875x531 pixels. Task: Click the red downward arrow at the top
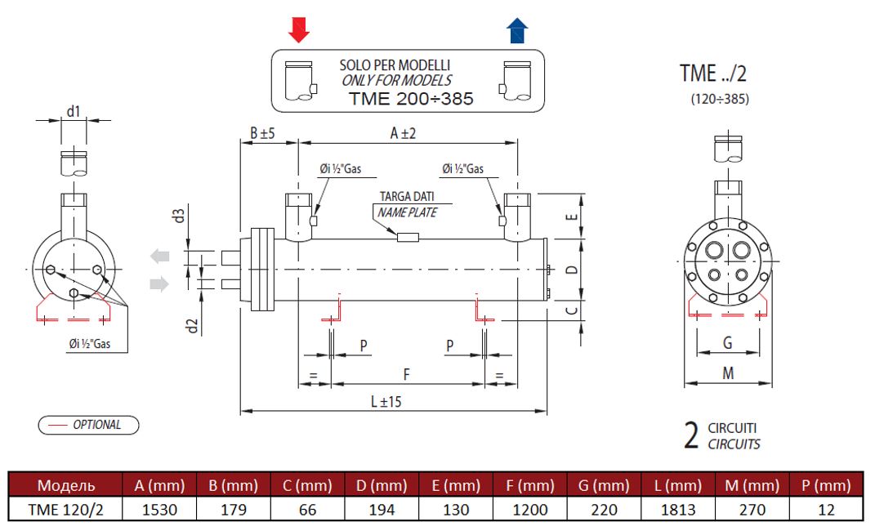(300, 29)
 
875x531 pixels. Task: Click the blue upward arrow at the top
(517, 29)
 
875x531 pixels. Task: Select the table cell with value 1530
(159, 510)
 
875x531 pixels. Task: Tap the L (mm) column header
(678, 485)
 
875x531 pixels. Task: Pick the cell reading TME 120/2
(65, 510)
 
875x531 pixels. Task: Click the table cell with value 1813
(678, 510)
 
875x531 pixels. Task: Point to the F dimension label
(407, 373)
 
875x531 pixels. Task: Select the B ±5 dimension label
(262, 133)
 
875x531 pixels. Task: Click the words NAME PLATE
(407, 212)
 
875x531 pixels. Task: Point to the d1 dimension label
(74, 110)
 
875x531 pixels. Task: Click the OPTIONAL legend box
(88, 425)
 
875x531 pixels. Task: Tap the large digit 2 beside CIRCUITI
(690, 436)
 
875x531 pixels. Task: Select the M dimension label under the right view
(728, 373)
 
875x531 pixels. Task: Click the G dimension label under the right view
(727, 343)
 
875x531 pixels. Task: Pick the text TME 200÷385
(411, 99)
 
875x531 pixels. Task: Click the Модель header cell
(65, 485)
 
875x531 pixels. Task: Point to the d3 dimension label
(177, 216)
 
